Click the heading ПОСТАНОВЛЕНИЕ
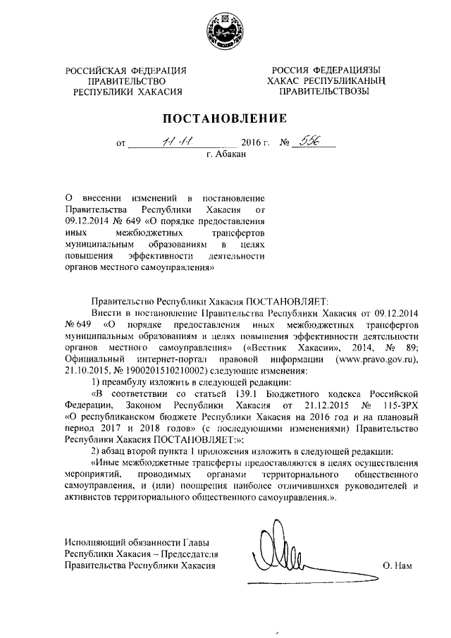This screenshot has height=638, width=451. pyautogui.click(x=225, y=118)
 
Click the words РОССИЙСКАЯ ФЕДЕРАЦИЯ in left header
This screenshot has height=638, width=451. pyautogui.click(x=127, y=70)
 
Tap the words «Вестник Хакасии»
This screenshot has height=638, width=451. pyautogui.click(x=286, y=348)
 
